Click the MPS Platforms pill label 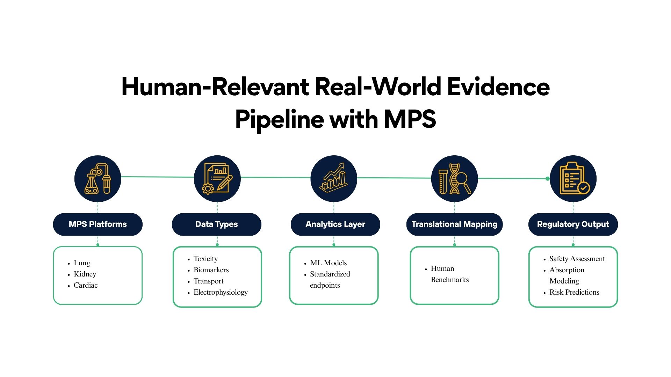(98, 224)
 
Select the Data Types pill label (216, 224)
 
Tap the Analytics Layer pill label (335, 224)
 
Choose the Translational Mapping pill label (454, 224)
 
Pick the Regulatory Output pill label (573, 224)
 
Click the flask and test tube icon (98, 179)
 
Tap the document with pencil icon (217, 179)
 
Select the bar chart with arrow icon (334, 179)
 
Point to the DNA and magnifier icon (454, 179)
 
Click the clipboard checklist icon (573, 179)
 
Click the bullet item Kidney (85, 274)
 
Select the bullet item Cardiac (86, 285)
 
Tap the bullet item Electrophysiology (221, 292)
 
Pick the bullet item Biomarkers (211, 270)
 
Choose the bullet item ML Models (328, 263)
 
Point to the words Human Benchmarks (449, 274)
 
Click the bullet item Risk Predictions (574, 292)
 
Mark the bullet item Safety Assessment (577, 259)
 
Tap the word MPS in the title (410, 119)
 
